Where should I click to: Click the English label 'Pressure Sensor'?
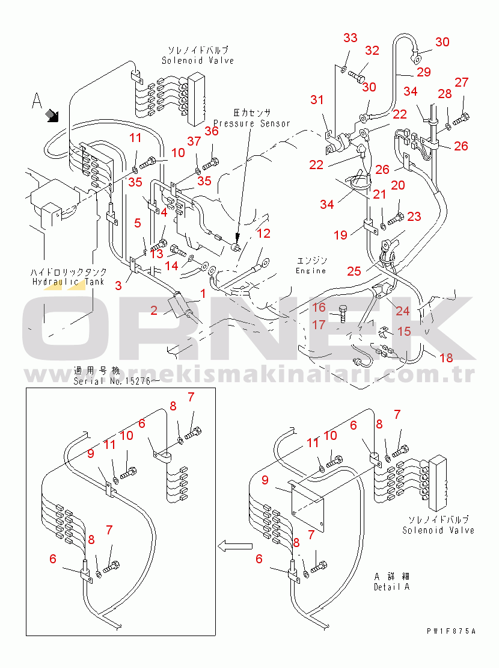pyautogui.click(x=252, y=123)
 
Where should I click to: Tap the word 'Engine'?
pyautogui.click(x=311, y=271)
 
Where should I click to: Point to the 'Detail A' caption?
pyautogui.click(x=391, y=587)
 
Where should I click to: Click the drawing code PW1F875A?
pyautogui.click(x=451, y=631)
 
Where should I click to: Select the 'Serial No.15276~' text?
pyautogui.click(x=117, y=382)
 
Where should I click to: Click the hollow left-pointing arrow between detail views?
pyautogui.click(x=234, y=546)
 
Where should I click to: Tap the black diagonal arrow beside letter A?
pyautogui.click(x=54, y=114)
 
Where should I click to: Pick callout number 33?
pyautogui.click(x=351, y=38)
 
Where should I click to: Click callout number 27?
pyautogui.click(x=461, y=82)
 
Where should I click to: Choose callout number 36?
pyautogui.click(x=211, y=132)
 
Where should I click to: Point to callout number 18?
pyautogui.click(x=445, y=358)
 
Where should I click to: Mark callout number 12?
pyautogui.click(x=264, y=233)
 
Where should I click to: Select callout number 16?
pyautogui.click(x=319, y=308)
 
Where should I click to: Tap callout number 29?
pyautogui.click(x=424, y=72)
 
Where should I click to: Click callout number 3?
pyautogui.click(x=118, y=285)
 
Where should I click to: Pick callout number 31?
pyautogui.click(x=317, y=99)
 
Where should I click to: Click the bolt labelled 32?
pyautogui.click(x=357, y=77)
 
